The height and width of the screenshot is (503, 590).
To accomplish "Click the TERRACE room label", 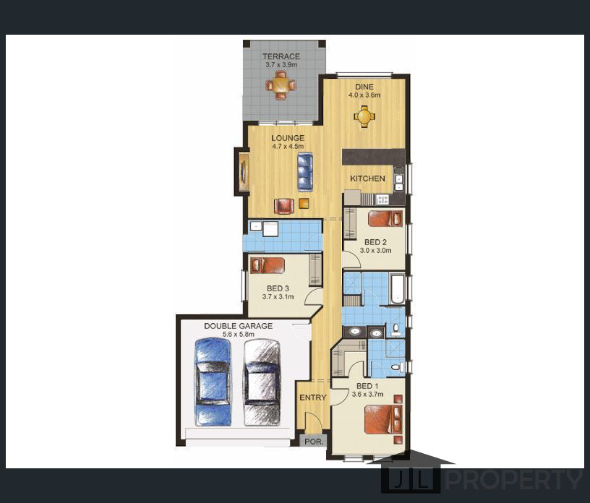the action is coord(281,56).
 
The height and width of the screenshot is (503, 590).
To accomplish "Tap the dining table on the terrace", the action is coord(281,86).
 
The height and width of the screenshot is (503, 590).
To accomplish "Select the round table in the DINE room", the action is coord(364,116).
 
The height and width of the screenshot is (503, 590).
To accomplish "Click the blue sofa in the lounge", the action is coord(305,171).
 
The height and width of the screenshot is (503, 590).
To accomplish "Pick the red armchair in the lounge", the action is coord(284,206).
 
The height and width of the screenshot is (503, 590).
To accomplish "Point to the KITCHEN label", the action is coord(367,179).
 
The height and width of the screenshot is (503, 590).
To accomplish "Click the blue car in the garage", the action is coord(213,382).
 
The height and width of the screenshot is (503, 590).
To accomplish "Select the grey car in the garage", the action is coord(262,382).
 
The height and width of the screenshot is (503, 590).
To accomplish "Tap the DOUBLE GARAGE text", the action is coord(238,326).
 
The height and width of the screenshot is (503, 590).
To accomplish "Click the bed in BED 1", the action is coord(383,419).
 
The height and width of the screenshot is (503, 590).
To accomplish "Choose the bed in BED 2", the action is coord(385,218).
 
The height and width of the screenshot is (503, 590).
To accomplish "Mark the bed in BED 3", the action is coord(268,265).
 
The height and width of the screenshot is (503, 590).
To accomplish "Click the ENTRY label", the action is coord(313,397).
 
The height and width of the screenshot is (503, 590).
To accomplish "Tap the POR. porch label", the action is coord(314,442).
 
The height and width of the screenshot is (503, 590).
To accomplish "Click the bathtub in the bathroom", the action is coord(398,289).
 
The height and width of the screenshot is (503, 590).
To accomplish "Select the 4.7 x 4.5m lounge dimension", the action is coord(288,147).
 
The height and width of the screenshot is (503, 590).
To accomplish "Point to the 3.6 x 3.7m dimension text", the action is coord(367,395).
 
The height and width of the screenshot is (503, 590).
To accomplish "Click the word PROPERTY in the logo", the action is coord(514,480).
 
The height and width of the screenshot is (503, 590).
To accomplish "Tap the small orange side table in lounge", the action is coord(304,204).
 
